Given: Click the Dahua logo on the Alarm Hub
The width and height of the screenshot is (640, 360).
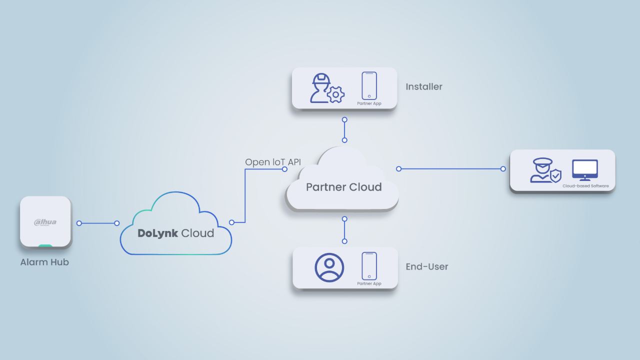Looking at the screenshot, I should coord(45,222).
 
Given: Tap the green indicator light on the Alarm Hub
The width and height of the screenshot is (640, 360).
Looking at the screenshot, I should coord(45,245).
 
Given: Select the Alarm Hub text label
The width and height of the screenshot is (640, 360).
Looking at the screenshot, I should coord(44,262).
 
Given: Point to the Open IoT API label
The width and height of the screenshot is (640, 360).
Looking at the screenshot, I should coord(273,162).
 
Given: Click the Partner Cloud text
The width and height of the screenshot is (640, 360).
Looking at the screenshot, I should coord(343,187).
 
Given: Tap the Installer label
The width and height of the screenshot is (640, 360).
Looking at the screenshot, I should coord(424,86).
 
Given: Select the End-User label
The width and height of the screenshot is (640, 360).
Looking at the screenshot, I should coord(427,266).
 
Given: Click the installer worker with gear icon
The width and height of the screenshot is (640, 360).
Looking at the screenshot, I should coord(327,88).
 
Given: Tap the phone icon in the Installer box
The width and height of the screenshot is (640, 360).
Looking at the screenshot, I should coord(369,85).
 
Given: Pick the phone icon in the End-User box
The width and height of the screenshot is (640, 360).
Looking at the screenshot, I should coord(369,265).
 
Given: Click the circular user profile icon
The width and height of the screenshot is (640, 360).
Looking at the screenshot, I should coord(329,267).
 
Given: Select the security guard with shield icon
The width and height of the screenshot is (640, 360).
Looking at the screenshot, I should coord(545,170).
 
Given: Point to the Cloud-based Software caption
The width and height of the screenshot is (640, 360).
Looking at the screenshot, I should coord(585,186).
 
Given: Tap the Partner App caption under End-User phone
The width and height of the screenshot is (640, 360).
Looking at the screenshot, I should coord(369,283).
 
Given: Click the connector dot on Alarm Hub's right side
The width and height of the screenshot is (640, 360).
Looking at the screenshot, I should coord(79,223).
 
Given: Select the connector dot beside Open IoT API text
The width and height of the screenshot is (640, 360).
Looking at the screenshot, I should coord(284,169).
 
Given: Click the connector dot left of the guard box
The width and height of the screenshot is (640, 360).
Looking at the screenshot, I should coord(503,169).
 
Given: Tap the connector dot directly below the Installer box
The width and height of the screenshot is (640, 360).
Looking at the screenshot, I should coord(344,120).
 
